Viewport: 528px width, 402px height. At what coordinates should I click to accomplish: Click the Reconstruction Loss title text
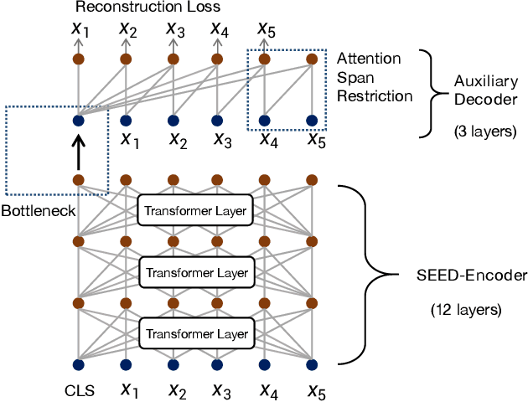coord(148,8)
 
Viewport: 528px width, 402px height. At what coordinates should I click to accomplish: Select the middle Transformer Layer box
coord(197,273)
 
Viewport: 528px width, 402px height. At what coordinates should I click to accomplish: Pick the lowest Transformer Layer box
coord(197,334)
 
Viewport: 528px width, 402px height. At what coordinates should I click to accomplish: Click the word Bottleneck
coord(39,209)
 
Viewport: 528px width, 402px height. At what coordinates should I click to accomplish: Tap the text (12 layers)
coord(465,309)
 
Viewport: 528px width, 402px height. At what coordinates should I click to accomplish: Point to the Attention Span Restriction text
coord(374,78)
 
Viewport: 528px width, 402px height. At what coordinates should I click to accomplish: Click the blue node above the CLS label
coord(78,364)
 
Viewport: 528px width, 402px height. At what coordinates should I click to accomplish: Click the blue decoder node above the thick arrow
coord(78,121)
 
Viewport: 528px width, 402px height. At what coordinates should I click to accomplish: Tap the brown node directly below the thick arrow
coord(78,179)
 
